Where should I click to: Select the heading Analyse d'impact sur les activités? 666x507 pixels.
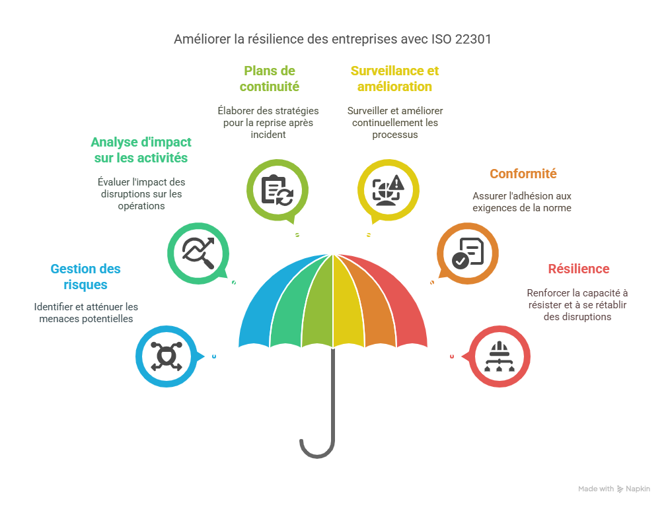point(141,150)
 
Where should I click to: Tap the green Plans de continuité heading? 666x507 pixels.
point(270,79)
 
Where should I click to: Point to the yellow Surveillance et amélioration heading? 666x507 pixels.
point(395,79)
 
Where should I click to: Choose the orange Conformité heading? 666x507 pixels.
point(523,174)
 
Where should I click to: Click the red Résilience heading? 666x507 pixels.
point(578,269)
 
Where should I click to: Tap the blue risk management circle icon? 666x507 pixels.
point(166,356)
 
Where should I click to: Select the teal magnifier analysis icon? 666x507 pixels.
point(198,252)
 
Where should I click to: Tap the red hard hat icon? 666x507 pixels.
point(499,356)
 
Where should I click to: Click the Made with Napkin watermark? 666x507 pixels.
point(614,489)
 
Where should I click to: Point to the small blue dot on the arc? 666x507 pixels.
point(214,356)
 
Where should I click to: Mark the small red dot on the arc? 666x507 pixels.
point(451,356)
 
